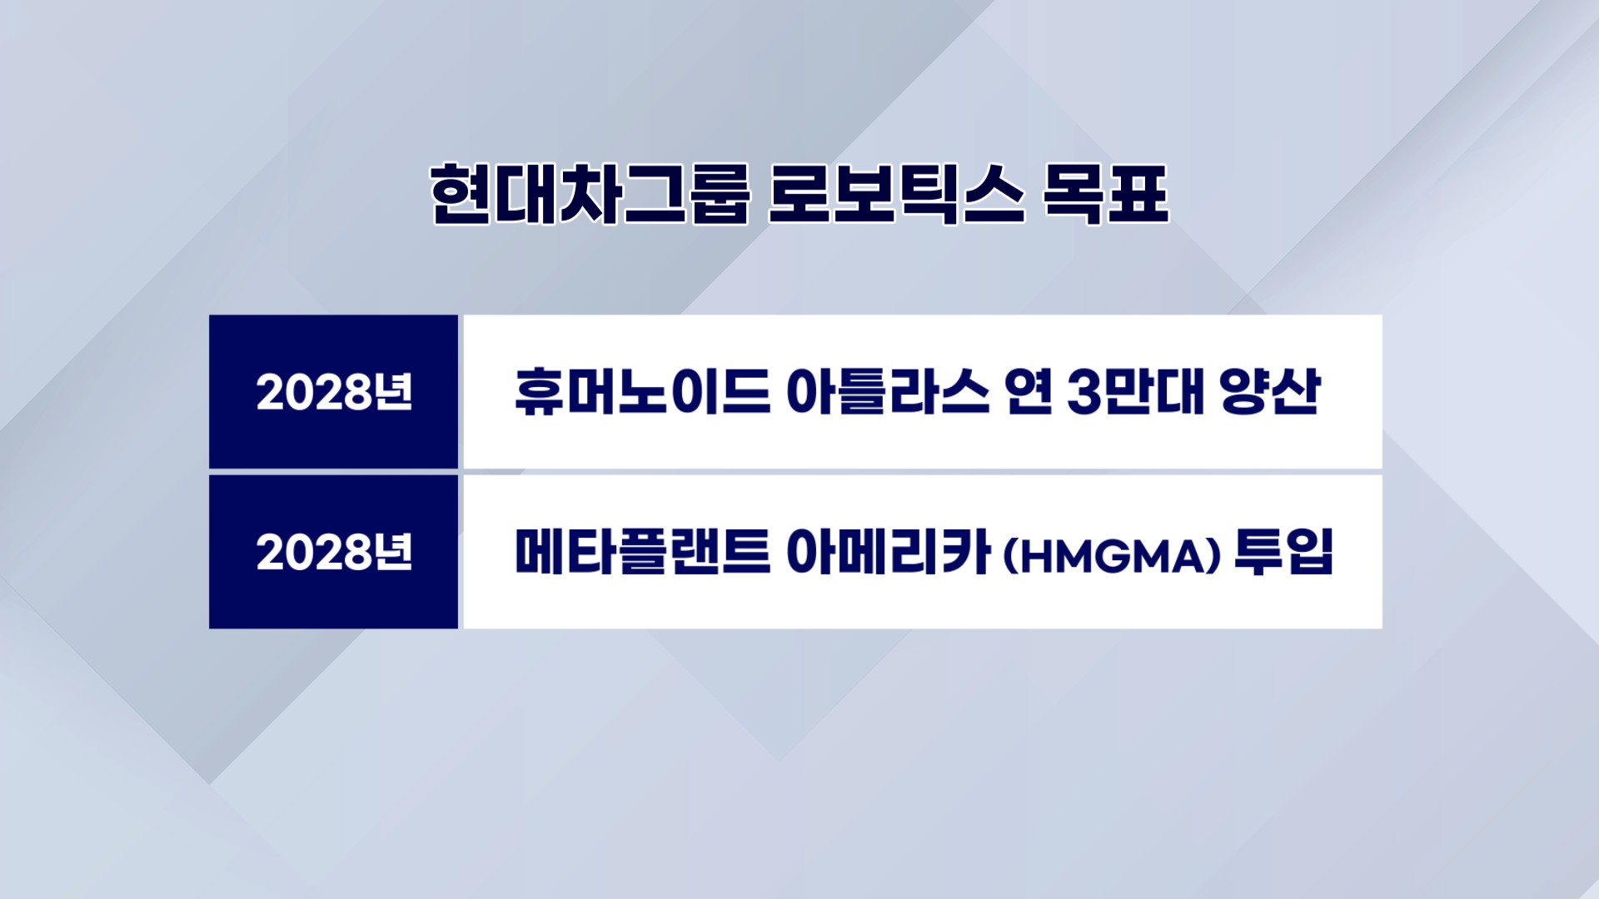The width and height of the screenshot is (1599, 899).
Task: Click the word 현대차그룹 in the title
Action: coord(590,194)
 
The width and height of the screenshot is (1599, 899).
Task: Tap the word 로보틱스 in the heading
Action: coord(896,194)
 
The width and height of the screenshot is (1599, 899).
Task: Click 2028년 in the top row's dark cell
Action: coord(334,392)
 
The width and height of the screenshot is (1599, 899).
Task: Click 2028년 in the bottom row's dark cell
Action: coord(334,552)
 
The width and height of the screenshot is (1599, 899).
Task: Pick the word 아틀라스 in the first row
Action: coord(888,391)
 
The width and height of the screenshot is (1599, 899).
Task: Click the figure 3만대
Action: coord(1135,391)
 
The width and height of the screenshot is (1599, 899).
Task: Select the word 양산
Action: coord(1271,391)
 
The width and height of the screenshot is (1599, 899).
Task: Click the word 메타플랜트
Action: coord(642,551)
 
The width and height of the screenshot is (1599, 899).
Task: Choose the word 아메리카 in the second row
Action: coord(888,551)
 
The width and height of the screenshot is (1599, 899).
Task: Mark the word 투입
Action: coord(1284,551)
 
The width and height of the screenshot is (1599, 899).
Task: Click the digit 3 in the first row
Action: coord(1084,392)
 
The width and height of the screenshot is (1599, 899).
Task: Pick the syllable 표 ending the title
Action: coord(1138,194)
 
